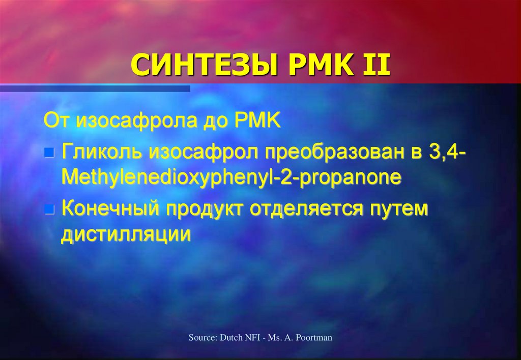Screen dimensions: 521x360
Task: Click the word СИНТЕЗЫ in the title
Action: (204, 65)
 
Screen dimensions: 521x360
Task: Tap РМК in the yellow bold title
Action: (320, 65)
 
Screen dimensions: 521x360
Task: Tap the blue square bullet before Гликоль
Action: (49, 153)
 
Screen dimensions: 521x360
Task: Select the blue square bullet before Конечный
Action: (49, 209)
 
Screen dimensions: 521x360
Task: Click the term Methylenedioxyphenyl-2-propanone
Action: (231, 177)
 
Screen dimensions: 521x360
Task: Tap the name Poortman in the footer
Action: (314, 338)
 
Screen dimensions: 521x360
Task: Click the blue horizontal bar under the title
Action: (95, 88)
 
